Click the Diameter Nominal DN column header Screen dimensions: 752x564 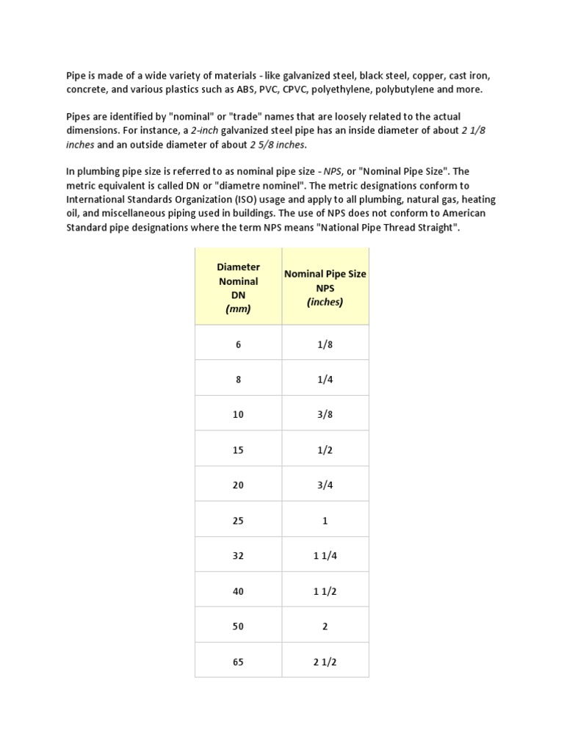(x=238, y=288)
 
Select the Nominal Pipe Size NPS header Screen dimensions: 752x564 (x=325, y=288)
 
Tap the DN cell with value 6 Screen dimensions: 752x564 (x=238, y=344)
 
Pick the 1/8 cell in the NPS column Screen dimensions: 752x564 (x=325, y=344)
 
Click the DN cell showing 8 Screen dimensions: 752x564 (x=238, y=380)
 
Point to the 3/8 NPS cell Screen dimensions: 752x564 (x=325, y=415)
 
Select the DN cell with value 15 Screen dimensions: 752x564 (x=238, y=450)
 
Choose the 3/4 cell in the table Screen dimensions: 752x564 (x=325, y=485)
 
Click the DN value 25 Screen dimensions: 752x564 (x=238, y=521)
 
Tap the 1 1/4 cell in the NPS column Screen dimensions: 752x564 (x=325, y=556)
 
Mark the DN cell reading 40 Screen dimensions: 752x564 (x=238, y=591)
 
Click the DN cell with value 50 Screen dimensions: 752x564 (x=238, y=626)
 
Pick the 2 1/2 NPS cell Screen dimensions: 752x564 (x=325, y=662)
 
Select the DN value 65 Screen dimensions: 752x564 (x=238, y=662)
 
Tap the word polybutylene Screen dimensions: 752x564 (x=408, y=90)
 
